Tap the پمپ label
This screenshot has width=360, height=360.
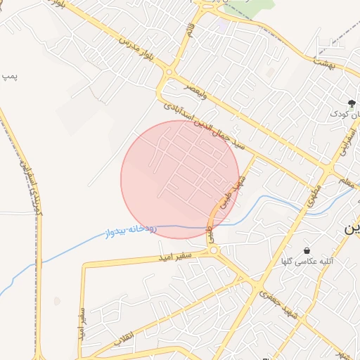point(8,75)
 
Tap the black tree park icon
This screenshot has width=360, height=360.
point(352,103)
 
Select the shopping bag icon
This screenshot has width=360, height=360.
point(307,250)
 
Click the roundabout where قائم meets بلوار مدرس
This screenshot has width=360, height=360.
point(169,73)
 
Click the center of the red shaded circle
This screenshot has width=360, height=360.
point(180,179)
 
